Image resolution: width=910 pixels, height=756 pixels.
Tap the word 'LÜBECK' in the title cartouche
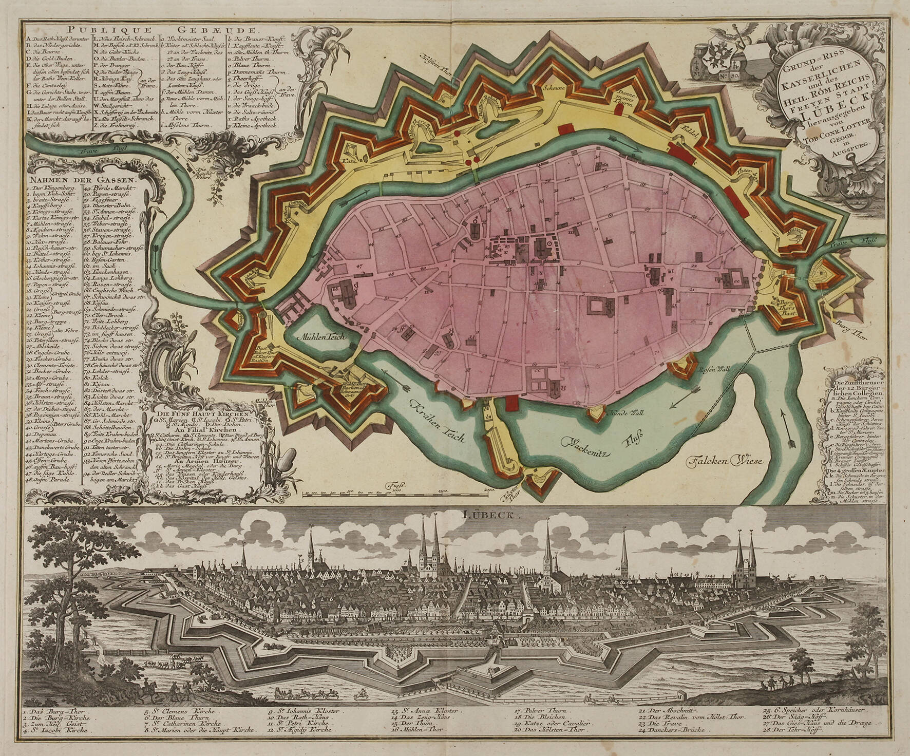click(810, 112)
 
